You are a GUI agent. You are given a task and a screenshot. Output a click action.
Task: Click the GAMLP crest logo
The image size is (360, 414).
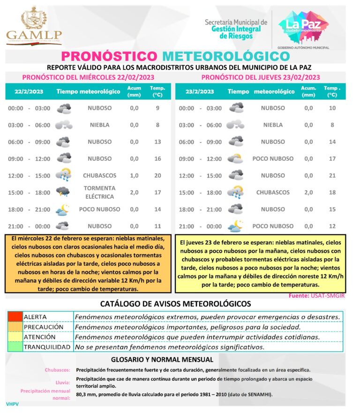point(33,25)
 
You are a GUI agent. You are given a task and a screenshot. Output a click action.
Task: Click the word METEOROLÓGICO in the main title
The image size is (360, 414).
point(226,56)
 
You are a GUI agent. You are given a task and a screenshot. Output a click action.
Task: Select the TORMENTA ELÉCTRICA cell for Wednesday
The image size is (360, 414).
point(99,192)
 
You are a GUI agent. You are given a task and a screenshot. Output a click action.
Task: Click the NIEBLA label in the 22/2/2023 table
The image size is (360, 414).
point(99,125)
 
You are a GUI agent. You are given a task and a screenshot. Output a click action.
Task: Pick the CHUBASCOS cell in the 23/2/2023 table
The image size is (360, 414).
point(273,192)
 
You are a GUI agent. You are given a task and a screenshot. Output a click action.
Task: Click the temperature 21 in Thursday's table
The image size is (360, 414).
point(332,176)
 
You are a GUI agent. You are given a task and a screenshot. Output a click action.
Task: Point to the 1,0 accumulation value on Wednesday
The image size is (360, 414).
point(134,176)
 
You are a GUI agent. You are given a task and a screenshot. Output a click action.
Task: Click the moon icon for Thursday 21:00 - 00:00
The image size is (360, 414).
point(235,226)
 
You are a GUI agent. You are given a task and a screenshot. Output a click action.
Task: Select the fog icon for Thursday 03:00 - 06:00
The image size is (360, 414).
point(235,125)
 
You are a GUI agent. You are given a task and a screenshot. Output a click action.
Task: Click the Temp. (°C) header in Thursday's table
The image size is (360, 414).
point(332,91)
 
